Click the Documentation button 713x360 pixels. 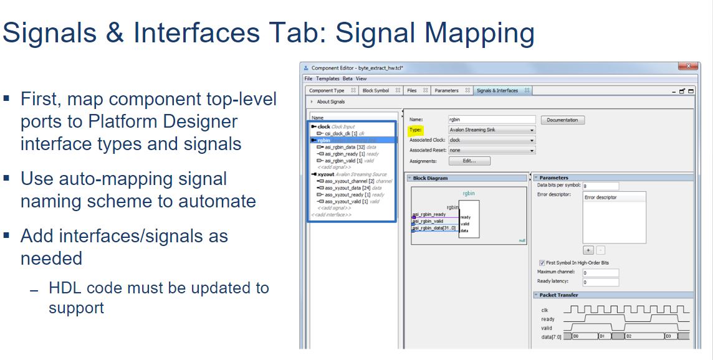point(562,120)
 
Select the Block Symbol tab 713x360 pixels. point(376,91)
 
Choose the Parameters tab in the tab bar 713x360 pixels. point(446,91)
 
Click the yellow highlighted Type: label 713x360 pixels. point(416,130)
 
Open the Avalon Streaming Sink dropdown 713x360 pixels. point(491,130)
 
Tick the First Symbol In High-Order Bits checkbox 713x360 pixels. point(541,263)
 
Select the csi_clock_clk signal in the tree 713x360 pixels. point(340,133)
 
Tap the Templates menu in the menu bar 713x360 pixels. point(327,79)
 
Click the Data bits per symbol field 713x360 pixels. point(600,186)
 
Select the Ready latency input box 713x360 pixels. point(600,282)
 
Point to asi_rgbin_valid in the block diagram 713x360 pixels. point(428,221)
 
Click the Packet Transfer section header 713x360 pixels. point(558,295)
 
